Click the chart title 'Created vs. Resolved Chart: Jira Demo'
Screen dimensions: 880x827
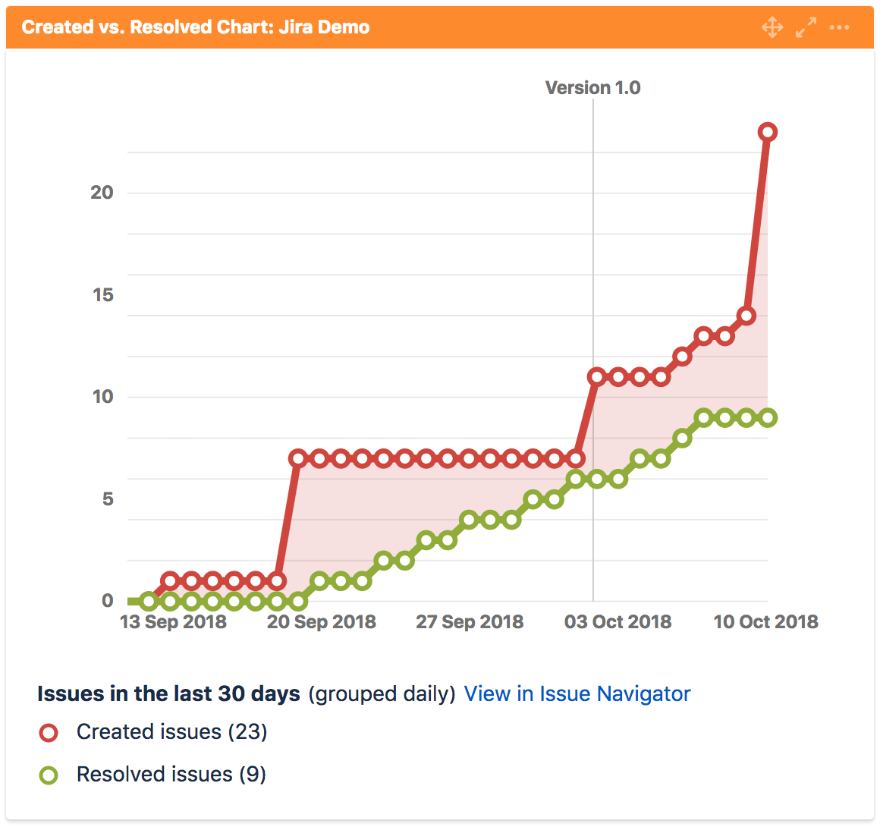click(195, 27)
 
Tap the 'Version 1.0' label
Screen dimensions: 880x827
click(592, 87)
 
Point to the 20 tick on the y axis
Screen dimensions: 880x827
click(102, 193)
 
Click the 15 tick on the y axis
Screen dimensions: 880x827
click(103, 294)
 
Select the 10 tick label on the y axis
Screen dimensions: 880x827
click(103, 397)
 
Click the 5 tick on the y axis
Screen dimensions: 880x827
click(108, 499)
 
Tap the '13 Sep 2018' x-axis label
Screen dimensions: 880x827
click(174, 621)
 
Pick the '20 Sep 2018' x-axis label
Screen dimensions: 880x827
click(322, 621)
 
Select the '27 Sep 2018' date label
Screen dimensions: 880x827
click(470, 621)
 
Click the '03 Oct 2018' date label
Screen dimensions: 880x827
click(618, 621)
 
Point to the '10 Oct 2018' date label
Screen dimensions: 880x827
click(766, 621)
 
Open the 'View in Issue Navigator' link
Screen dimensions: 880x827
click(577, 694)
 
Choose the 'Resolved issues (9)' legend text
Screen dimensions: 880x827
click(171, 774)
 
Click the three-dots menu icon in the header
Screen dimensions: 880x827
click(839, 27)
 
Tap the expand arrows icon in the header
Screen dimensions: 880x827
click(806, 27)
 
